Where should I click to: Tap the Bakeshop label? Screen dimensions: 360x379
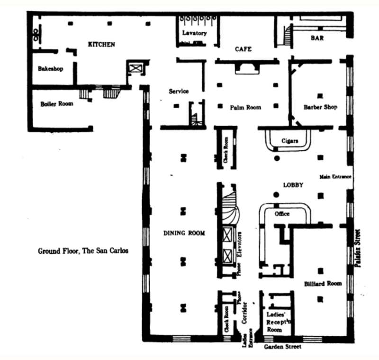50,68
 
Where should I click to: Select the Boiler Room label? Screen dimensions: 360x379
57,103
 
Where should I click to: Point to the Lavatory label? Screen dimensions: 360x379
195,33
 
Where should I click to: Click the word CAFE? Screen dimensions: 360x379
243,49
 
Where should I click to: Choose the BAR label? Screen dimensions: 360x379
317,38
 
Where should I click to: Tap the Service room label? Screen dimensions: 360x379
179,91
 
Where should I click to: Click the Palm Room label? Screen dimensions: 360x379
245,107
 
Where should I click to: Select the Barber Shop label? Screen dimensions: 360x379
320,107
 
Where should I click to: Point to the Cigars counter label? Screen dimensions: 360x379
289,141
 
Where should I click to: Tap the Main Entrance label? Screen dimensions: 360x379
335,177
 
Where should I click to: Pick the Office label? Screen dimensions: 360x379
282,213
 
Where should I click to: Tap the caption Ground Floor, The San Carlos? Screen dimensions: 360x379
83,251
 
